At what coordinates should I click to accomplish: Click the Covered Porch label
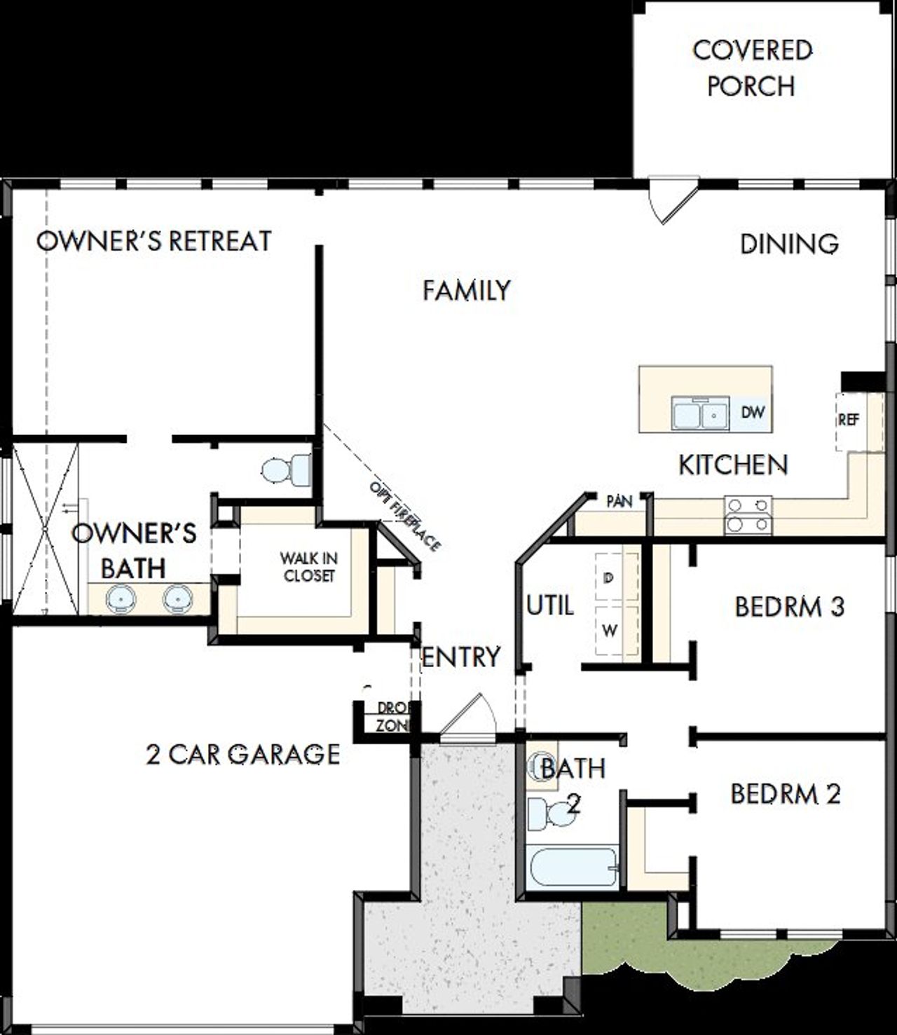tap(752, 68)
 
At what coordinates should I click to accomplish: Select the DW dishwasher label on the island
tap(753, 411)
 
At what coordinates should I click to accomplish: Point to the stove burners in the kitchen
tap(748, 515)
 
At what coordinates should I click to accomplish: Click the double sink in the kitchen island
tap(698, 413)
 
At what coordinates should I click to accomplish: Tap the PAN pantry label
tap(619, 501)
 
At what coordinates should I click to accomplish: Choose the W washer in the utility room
tap(610, 631)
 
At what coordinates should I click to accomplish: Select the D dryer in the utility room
tap(608, 577)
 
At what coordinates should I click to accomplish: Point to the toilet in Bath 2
tap(550, 814)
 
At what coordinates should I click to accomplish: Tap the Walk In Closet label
tap(308, 567)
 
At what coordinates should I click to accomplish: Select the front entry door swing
tap(468, 716)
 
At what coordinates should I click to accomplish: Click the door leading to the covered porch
tap(671, 199)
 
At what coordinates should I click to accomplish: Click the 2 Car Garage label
tap(242, 754)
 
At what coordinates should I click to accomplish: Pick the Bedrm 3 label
tap(789, 606)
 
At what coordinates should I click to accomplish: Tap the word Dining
tap(789, 244)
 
